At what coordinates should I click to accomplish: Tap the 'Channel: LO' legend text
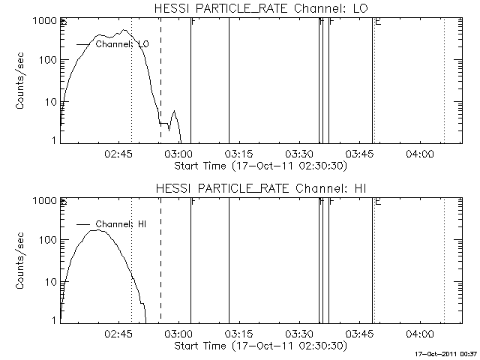[x=122, y=45]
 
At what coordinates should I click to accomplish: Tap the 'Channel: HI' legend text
[x=122, y=224]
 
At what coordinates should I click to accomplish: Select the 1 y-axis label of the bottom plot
[x=54, y=320]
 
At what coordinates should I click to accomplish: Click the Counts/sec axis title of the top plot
[x=22, y=81]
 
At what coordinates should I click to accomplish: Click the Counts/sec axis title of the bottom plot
[x=22, y=261]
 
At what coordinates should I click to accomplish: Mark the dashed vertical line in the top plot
[x=160, y=75]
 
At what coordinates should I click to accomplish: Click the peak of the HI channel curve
[x=98, y=230]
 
